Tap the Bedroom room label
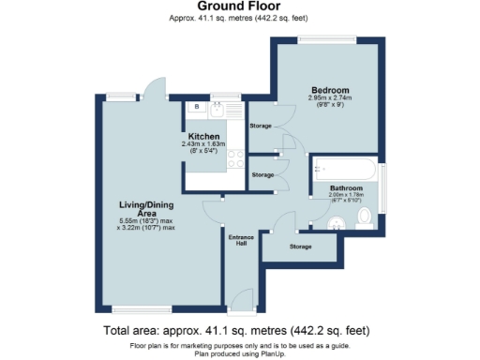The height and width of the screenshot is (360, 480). coord(329,90)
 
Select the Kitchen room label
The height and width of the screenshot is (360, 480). coord(203,136)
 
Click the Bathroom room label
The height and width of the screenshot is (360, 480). coord(347,187)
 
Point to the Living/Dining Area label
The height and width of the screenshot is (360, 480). coord(145,208)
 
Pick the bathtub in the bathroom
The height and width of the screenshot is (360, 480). coord(346,171)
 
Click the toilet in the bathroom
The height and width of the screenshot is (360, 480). coord(366,218)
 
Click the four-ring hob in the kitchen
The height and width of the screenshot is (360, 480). coord(233,159)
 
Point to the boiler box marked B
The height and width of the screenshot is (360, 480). coord(196,108)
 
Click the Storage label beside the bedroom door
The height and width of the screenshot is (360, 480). coord(262,125)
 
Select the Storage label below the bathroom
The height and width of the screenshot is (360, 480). coord(300,247)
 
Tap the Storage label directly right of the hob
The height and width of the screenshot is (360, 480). coord(263,175)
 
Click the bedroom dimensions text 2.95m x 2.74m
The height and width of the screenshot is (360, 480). coord(329,98)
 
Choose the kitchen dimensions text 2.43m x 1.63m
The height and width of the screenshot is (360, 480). coord(203,143)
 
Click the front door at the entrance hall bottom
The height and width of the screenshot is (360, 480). coord(242,300)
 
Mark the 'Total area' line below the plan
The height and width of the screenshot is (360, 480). coord(239,331)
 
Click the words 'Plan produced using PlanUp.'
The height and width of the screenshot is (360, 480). coord(239,353)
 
